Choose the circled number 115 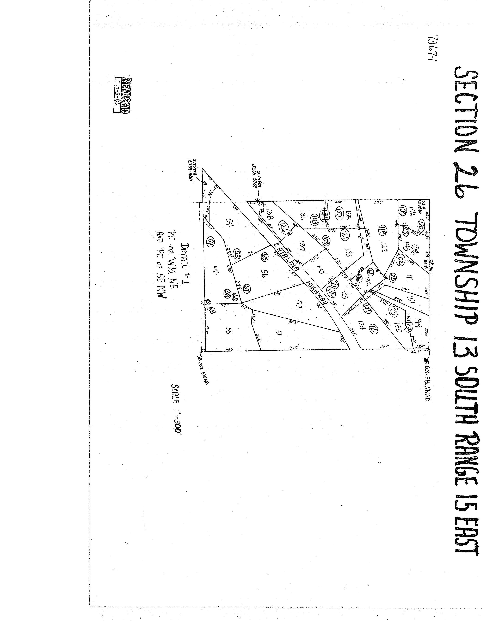[x=373, y=328]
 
